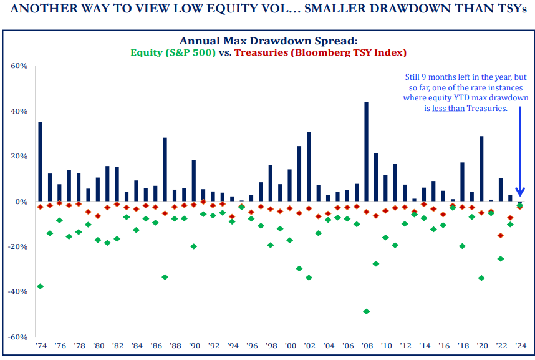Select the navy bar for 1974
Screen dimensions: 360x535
click(x=41, y=162)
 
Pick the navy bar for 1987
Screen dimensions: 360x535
click(x=165, y=170)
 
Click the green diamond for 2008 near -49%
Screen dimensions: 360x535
click(x=366, y=311)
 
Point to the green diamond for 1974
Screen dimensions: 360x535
click(x=41, y=286)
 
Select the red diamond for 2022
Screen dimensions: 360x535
click(x=500, y=235)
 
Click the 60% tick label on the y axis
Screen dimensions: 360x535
click(x=19, y=66)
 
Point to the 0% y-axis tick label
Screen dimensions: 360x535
click(x=21, y=202)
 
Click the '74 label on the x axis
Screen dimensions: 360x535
click(x=41, y=345)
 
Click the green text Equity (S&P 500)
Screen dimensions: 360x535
click(x=173, y=53)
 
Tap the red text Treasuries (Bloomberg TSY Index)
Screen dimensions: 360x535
click(x=317, y=53)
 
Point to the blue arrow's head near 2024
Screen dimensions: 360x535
click(x=519, y=193)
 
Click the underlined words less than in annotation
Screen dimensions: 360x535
click(x=446, y=108)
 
